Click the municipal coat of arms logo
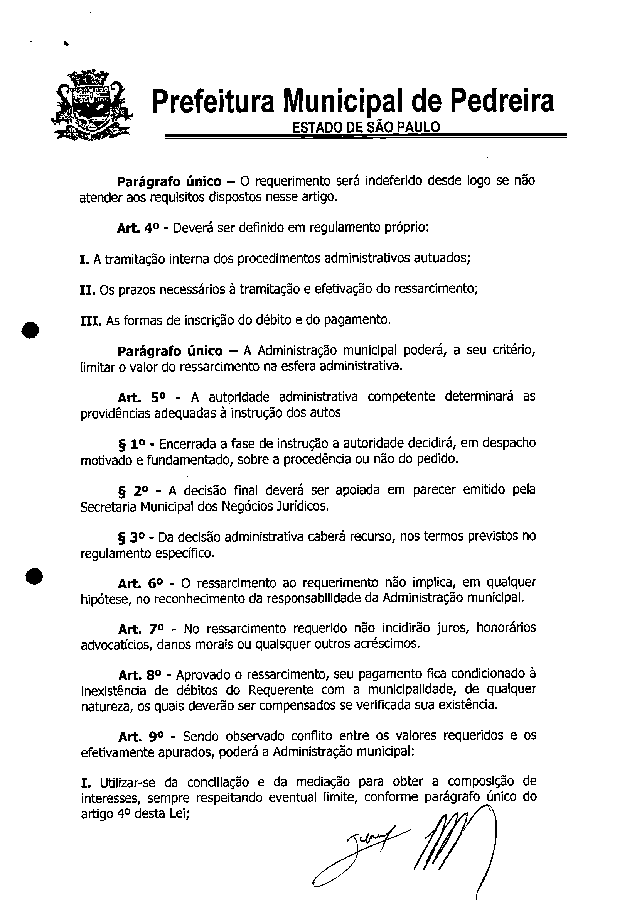[91, 105]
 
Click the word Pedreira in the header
[501, 101]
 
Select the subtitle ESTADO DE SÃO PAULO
[366, 127]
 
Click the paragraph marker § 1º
[131, 444]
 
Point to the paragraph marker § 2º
[132, 491]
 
